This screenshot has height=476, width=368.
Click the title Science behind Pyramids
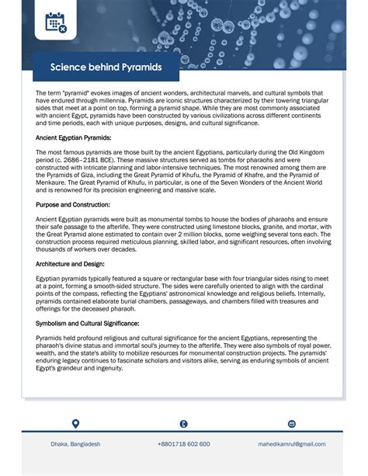(x=106, y=68)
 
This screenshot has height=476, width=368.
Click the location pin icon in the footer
(x=75, y=424)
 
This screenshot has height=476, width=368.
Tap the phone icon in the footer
(x=183, y=424)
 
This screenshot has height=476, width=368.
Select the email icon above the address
(x=291, y=424)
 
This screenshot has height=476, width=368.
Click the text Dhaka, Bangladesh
(x=75, y=444)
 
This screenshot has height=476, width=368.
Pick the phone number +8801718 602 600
(x=183, y=444)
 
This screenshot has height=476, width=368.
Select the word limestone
(x=253, y=228)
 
